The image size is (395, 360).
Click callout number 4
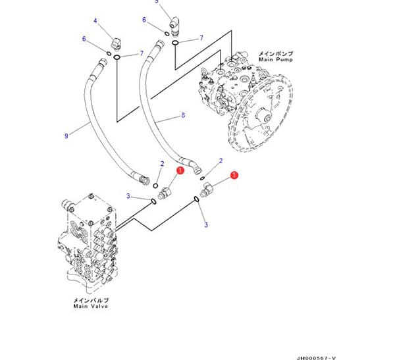point(95,21)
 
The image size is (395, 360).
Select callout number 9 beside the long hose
point(66,136)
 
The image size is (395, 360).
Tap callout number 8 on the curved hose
point(182,116)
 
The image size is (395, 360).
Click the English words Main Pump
point(275,59)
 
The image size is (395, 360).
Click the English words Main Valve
point(90,306)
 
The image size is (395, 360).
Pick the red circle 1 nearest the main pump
point(234,176)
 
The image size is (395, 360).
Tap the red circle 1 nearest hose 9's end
point(179,170)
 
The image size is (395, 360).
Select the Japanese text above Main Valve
point(90,299)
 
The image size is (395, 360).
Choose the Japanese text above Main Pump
point(275,53)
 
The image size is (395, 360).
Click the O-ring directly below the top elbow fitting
point(175,43)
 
